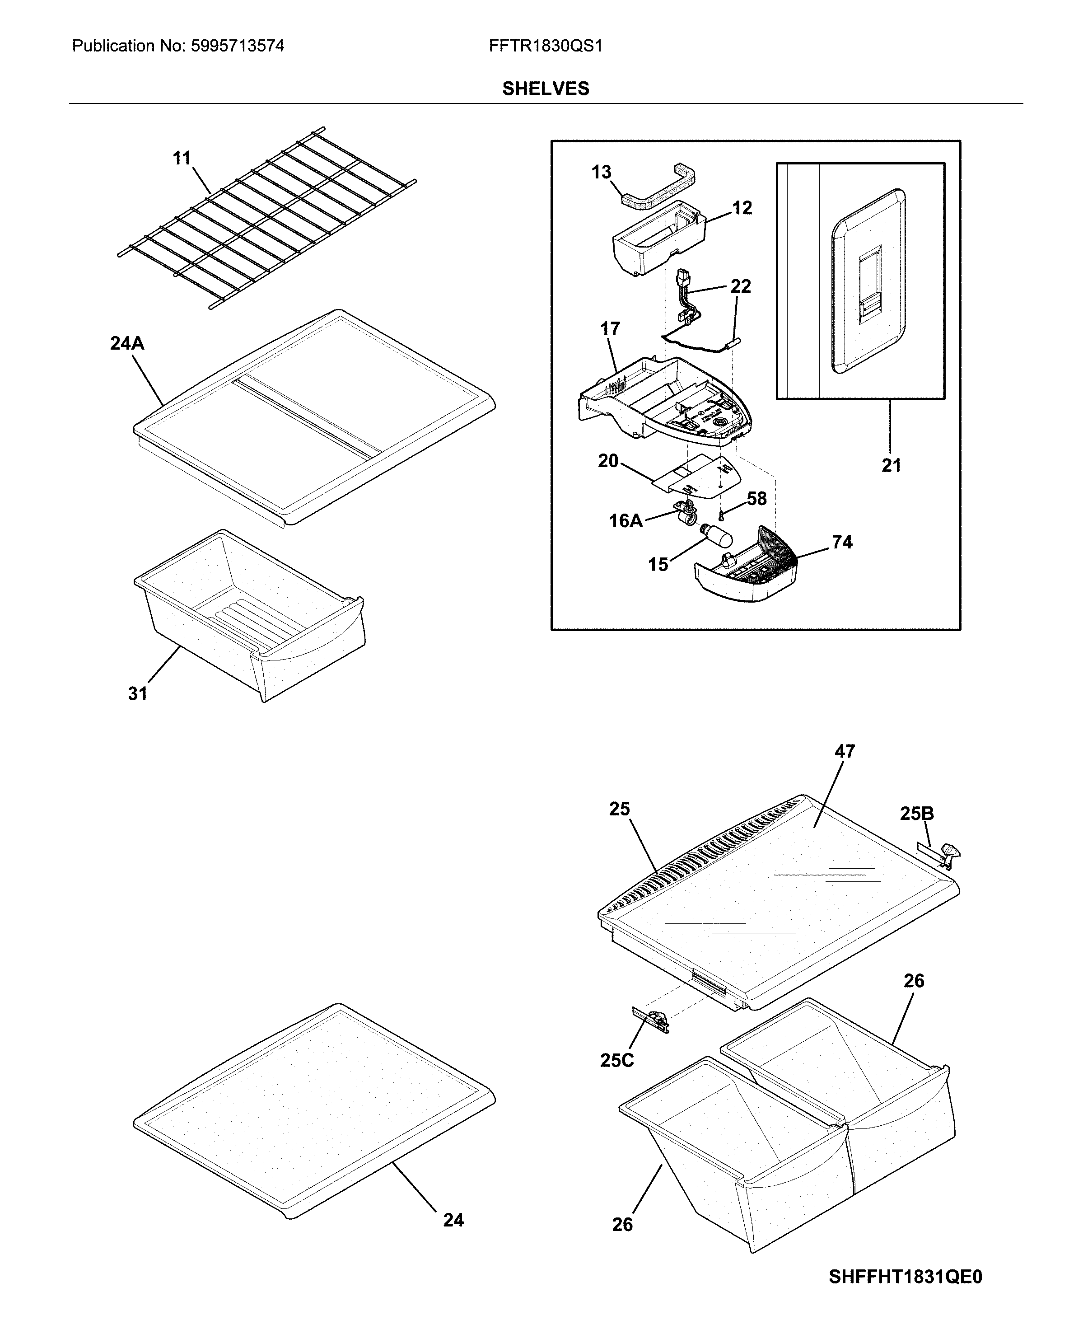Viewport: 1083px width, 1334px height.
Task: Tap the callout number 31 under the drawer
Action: coord(137,693)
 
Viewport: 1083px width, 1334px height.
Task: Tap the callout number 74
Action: coord(841,542)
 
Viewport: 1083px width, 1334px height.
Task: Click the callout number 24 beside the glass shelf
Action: coord(453,1220)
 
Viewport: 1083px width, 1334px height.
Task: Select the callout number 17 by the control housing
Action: coord(610,328)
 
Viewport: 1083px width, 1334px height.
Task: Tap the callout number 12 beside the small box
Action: coord(742,208)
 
